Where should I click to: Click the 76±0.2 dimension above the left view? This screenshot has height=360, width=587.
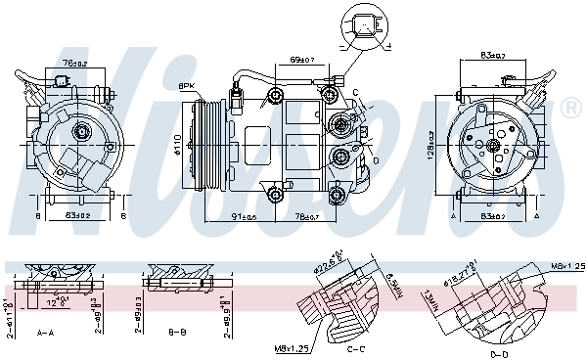pyautogui.click(x=75, y=65)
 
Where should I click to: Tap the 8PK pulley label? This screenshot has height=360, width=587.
pyautogui.click(x=186, y=86)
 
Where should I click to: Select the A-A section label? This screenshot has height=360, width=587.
pyautogui.click(x=45, y=333)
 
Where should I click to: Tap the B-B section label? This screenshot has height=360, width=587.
pyautogui.click(x=177, y=333)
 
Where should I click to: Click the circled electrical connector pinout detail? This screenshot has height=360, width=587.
pyautogui.click(x=364, y=26)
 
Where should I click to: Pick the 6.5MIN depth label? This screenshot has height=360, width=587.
pyautogui.click(x=389, y=286)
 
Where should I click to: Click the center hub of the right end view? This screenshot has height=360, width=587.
pyautogui.click(x=495, y=146)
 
